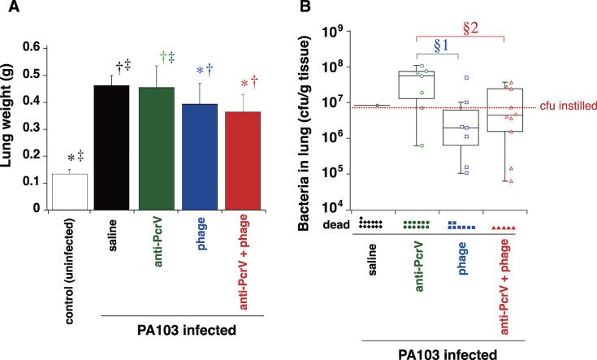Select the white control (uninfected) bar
pyautogui.click(x=70, y=191)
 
